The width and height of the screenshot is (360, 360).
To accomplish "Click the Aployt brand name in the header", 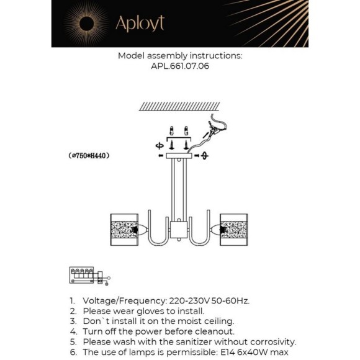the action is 140,24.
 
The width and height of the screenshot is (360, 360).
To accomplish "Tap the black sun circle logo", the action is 86,24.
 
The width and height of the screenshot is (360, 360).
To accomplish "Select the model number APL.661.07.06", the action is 180,66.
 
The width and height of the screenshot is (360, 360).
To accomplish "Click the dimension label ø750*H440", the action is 89,156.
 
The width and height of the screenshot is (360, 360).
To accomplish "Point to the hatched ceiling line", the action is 179,107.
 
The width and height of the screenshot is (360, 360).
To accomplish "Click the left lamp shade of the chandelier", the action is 124,230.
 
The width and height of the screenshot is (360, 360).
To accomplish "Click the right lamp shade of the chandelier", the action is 234,230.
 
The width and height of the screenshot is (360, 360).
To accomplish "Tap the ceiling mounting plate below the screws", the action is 179,156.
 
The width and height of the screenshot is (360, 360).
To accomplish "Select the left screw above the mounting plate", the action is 172,145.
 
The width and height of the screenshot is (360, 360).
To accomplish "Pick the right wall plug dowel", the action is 186,131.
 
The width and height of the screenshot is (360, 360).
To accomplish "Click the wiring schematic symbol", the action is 90,276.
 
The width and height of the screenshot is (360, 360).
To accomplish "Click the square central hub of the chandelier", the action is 179,230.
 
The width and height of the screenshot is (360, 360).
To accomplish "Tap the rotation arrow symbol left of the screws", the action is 160,146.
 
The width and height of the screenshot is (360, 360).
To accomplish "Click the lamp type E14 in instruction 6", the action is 228,352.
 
